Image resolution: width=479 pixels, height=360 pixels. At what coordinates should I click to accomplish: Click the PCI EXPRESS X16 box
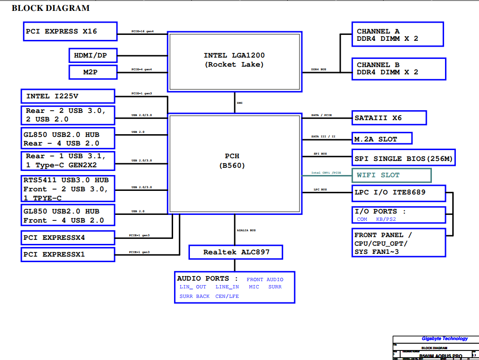pos(70,31)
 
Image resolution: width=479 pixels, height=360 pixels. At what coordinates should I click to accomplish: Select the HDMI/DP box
pos(93,55)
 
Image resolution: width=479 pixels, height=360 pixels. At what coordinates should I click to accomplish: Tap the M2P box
pos(93,72)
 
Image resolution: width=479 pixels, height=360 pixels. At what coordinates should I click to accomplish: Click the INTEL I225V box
pos(68,96)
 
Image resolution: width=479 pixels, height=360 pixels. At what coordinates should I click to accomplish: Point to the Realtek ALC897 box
pos(236,252)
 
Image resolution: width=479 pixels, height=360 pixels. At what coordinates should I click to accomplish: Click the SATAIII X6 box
pos(389,118)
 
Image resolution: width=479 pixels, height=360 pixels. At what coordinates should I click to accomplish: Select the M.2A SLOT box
pos(382,139)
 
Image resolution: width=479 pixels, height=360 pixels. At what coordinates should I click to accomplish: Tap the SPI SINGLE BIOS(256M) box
pos(403,159)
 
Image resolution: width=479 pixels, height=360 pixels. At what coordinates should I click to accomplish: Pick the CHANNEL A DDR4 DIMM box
pos(397,34)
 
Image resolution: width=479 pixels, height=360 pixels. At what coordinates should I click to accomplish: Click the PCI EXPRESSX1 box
pos(68,254)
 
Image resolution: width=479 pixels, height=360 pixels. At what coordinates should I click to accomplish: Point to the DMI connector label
pos(240,103)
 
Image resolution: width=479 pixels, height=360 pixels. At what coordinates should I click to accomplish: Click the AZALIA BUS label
pos(246,230)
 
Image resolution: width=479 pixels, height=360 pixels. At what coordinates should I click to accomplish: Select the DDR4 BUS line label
pos(319,69)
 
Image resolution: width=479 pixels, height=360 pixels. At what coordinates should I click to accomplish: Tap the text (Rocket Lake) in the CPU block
pos(234,64)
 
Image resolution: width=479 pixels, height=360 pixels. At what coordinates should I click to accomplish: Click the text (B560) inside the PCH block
pos(235,165)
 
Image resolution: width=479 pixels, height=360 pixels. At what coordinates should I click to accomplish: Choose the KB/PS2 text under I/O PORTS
pos(386,219)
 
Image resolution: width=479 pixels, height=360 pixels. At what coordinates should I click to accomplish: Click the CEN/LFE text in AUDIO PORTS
pos(227,296)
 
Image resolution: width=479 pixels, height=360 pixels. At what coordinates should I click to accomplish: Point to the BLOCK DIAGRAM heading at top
pos(51,8)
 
